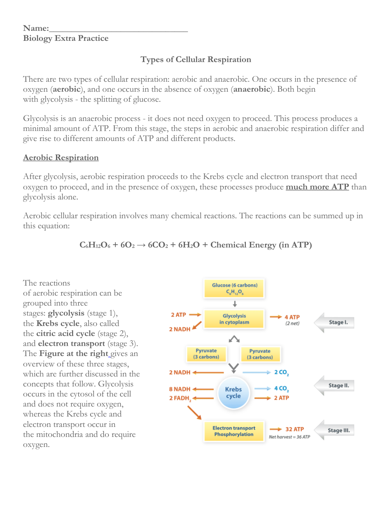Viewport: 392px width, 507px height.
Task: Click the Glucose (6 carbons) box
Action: (235, 288)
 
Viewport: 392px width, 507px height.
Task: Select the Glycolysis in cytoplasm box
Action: (234, 319)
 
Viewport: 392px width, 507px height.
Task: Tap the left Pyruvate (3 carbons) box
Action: (206, 354)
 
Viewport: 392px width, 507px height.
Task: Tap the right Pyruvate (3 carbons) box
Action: (260, 354)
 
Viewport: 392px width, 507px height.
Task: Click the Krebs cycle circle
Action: (233, 393)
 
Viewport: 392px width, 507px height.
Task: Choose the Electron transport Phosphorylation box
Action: (234, 431)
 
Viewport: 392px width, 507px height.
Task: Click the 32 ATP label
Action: (294, 429)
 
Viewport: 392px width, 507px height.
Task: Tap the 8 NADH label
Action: (179, 389)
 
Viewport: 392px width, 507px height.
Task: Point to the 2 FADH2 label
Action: (180, 398)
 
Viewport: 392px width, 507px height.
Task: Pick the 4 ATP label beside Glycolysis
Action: (292, 317)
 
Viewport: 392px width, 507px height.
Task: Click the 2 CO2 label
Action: (281, 372)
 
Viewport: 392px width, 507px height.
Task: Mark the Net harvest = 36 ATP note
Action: (289, 437)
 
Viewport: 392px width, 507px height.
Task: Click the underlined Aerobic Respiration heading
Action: (61, 158)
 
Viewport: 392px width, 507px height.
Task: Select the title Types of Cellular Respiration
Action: (196, 60)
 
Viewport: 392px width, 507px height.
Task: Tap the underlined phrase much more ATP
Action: (317, 187)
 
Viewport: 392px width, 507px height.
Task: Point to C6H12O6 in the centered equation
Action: (95, 245)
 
